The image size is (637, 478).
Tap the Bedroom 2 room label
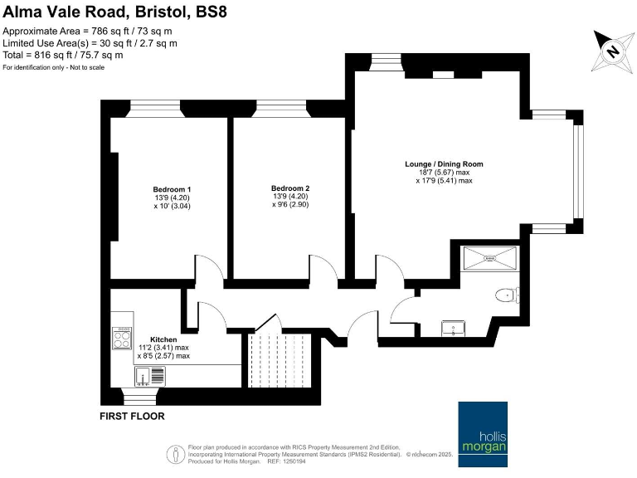coord(290,188)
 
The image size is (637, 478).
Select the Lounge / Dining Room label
coord(444,164)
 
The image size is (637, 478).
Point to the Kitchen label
coord(163,340)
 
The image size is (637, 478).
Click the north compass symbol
coord(612,51)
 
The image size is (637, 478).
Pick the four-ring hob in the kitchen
coord(122,336)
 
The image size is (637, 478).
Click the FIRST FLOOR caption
coord(132,416)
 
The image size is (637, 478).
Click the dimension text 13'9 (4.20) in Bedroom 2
coord(289,197)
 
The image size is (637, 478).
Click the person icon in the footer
coord(176,454)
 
